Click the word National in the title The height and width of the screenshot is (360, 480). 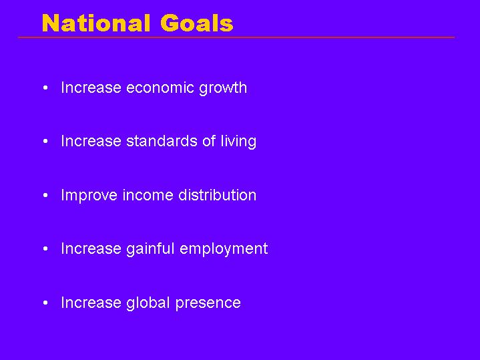pyautogui.click(x=96, y=23)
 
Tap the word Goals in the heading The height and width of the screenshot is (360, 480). pyautogui.click(x=197, y=23)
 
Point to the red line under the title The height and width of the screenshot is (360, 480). pyautogui.click(x=236, y=37)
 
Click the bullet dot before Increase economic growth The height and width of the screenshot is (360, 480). pyautogui.click(x=45, y=88)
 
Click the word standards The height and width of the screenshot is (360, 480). pyautogui.click(x=162, y=141)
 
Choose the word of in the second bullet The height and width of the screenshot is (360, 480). pyautogui.click(x=209, y=141)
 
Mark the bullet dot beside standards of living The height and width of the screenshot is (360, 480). pyautogui.click(x=45, y=142)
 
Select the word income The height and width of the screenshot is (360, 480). pyautogui.click(x=148, y=195)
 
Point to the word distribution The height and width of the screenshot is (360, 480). pyautogui.click(x=218, y=195)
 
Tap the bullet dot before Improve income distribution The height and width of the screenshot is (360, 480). pyautogui.click(x=45, y=196)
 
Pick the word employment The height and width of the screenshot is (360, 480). pyautogui.click(x=224, y=249)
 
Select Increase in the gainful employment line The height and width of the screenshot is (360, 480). pyautogui.click(x=91, y=248)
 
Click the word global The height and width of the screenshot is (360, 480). pyautogui.click(x=148, y=303)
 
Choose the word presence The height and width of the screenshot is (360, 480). pyautogui.click(x=208, y=303)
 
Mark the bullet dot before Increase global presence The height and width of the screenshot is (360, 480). pyautogui.click(x=45, y=303)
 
